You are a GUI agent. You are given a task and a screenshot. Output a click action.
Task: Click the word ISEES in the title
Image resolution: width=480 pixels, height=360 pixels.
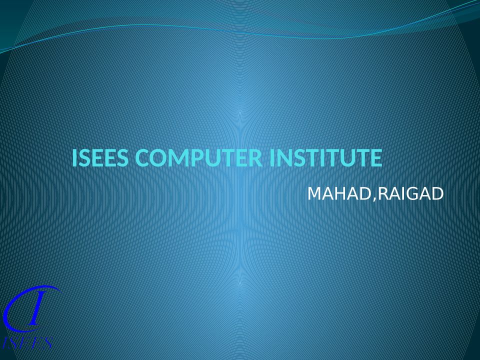pyautogui.click(x=100, y=158)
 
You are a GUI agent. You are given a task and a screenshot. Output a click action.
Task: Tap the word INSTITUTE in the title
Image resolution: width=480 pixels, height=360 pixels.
pyautogui.click(x=326, y=158)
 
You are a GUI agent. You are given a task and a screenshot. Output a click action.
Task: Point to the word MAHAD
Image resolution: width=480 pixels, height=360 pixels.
pyautogui.click(x=339, y=193)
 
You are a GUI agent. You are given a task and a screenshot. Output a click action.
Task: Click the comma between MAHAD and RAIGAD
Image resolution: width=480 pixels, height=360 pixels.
pyautogui.click(x=374, y=199)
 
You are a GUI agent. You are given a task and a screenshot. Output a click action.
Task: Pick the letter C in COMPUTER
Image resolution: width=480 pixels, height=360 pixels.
pyautogui.click(x=141, y=158)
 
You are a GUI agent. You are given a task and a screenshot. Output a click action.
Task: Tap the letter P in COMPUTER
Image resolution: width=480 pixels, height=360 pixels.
pyautogui.click(x=196, y=158)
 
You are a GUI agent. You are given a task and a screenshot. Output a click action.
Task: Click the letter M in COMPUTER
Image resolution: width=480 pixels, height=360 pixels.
pyautogui.click(x=179, y=158)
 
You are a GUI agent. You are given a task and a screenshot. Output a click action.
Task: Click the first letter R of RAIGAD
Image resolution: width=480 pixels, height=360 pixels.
pyautogui.click(x=384, y=193)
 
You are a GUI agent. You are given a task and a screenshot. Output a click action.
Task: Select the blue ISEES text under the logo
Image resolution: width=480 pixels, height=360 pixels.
pyautogui.click(x=27, y=343)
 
